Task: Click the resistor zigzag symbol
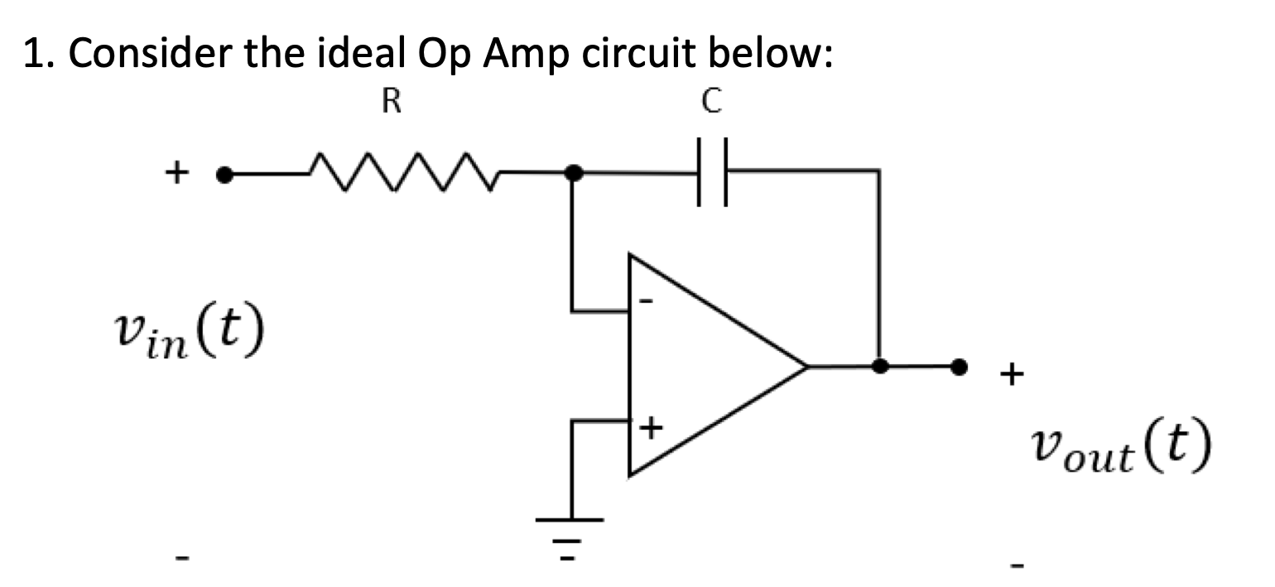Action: click(x=402, y=175)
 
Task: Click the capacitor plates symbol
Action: click(x=711, y=172)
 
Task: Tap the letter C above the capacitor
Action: click(x=711, y=102)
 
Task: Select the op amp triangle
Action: click(x=704, y=365)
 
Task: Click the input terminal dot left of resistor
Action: click(x=222, y=175)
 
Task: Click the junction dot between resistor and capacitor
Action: click(x=571, y=173)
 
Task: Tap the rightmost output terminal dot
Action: click(x=959, y=365)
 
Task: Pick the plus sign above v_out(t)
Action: click(x=1011, y=376)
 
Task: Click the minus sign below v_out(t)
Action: click(x=1018, y=565)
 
